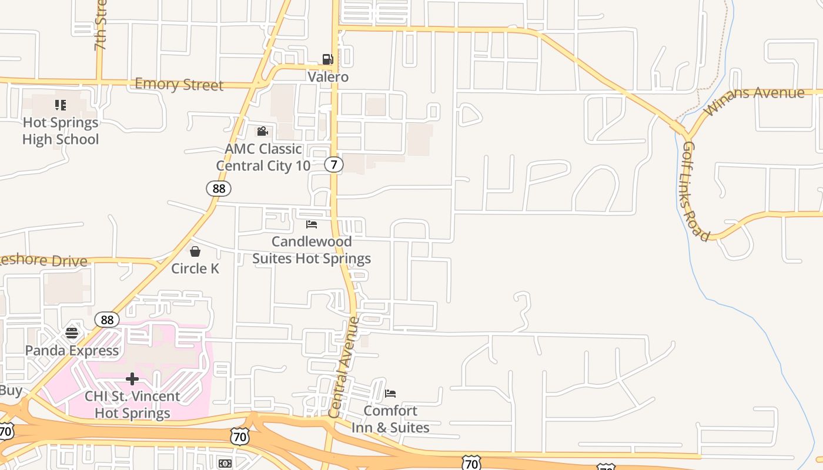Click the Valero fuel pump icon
[327, 59]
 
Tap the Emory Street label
[179, 84]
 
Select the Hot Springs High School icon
[61, 105]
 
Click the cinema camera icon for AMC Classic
[262, 131]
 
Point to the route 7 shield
[334, 164]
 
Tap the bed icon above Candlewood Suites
[312, 224]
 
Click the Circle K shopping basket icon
[195, 251]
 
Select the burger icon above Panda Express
[72, 333]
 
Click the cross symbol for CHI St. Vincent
[132, 379]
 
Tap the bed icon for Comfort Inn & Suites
[390, 393]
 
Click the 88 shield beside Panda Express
[107, 320]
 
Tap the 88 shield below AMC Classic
[219, 189]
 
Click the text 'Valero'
[328, 77]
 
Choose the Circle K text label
[195, 268]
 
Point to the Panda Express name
[72, 351]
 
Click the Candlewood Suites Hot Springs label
[312, 250]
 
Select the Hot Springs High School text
[61, 131]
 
